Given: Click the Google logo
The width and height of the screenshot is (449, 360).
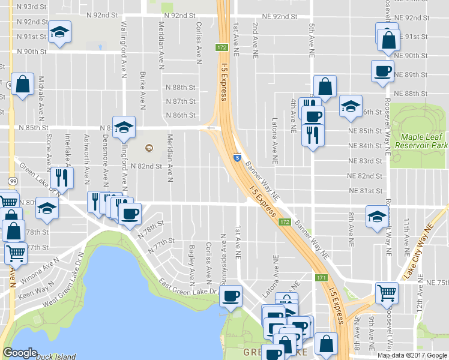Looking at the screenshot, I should point(20,353).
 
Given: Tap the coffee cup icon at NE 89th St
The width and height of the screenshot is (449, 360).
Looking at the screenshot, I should point(382,71).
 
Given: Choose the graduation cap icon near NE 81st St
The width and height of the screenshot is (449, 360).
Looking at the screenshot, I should point(377,217).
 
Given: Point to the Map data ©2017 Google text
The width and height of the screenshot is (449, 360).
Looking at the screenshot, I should point(412,355).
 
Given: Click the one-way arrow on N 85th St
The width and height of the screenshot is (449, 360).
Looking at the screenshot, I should point(209,127).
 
